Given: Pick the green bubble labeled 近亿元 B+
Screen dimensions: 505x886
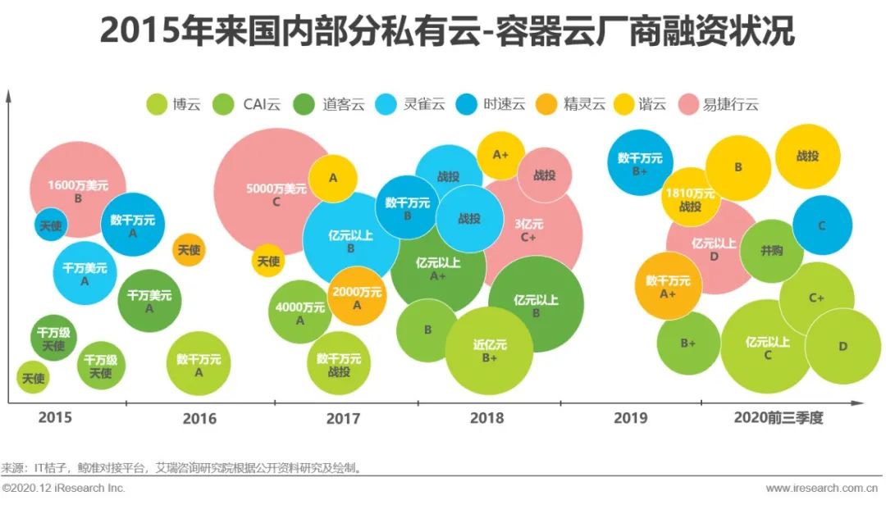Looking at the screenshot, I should point(490,352).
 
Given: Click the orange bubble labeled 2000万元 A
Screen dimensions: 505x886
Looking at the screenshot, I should point(357,298).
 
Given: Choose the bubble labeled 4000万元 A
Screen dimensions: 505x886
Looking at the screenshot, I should point(299,312).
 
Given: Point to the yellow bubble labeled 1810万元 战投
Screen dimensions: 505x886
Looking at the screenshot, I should point(691,199).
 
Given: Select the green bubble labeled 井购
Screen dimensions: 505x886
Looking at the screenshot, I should point(771,251).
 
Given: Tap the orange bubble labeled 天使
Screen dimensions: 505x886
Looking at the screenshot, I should point(189,250).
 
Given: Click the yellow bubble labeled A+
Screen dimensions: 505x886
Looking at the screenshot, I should point(500,154).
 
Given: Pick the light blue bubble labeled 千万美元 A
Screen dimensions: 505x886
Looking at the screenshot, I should point(84,274).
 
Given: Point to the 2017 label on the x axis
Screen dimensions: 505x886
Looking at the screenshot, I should point(343,418).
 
